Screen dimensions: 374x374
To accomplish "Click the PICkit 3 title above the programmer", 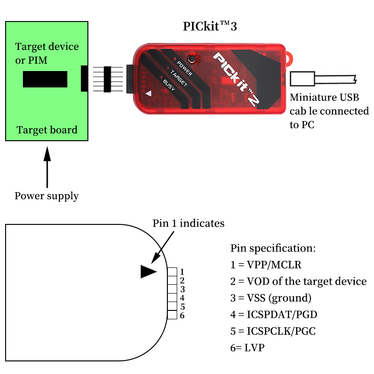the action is [209, 26].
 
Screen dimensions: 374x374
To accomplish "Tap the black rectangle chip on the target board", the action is [45, 79].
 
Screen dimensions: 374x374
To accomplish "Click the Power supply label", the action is [46, 196].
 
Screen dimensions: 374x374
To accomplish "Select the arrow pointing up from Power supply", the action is [47, 167].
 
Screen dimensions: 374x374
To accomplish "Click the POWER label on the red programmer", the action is [184, 68].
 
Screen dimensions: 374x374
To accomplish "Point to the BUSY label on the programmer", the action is [169, 85].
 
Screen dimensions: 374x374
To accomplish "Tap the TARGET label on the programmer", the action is [179, 78].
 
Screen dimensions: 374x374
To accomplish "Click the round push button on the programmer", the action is [192, 58].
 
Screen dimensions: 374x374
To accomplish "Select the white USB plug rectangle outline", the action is [302, 79].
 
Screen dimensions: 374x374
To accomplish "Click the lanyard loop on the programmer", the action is [289, 59].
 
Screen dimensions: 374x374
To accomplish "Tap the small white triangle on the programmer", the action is [148, 93].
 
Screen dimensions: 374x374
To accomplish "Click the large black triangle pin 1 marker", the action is [148, 272].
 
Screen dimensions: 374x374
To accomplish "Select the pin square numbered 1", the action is [172, 272].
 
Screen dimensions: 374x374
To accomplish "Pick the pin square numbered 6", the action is [172, 315].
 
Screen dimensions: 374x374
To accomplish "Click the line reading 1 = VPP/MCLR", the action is [266, 265].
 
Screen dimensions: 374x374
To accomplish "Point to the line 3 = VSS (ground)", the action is [271, 298].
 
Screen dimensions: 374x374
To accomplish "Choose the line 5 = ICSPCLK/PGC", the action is [273, 331].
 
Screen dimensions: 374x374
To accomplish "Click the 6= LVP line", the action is [247, 348].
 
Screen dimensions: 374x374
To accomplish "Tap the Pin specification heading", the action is [273, 248].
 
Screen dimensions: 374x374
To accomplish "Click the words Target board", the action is [47, 130].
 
